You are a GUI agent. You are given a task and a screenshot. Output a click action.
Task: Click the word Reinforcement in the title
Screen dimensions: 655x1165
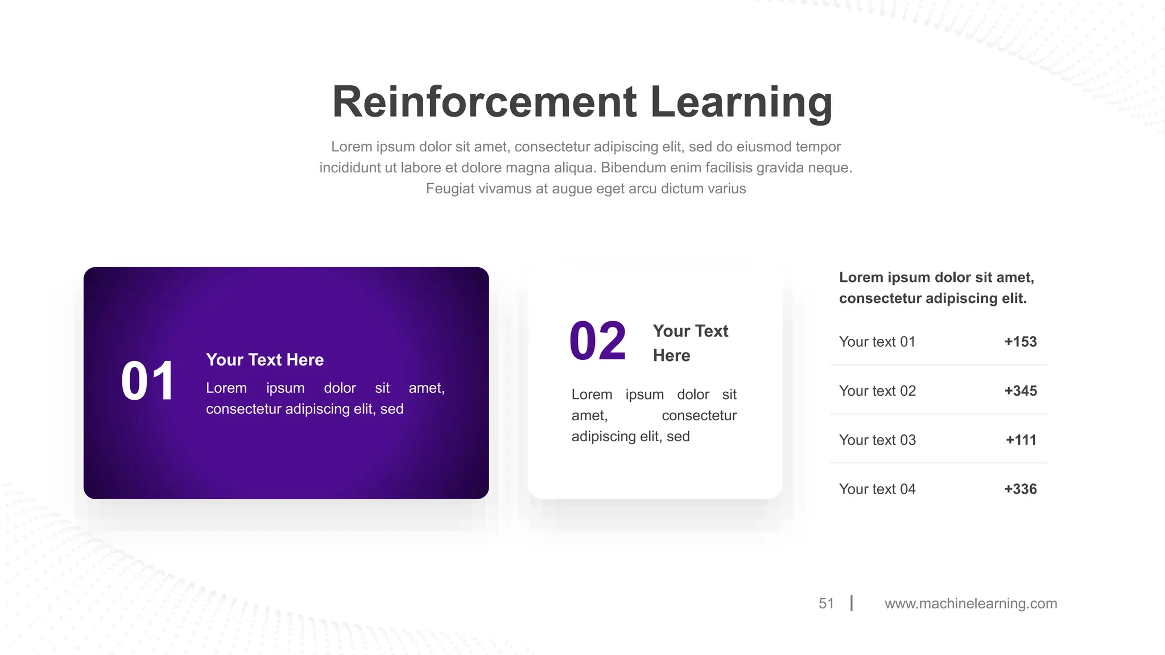point(484,102)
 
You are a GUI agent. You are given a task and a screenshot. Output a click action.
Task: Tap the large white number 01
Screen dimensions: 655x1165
point(148,382)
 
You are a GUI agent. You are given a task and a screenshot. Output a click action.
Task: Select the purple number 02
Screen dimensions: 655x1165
point(598,342)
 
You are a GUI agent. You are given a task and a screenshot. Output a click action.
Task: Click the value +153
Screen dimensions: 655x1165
point(1021,342)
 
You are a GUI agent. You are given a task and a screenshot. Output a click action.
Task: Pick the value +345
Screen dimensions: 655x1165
point(1021,391)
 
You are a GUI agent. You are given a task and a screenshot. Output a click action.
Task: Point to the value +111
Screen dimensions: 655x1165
point(1021,440)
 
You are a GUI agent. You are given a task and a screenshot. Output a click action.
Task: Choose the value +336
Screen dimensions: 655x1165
point(1021,489)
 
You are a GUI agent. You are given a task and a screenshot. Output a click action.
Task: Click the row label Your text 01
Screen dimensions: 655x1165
point(877,342)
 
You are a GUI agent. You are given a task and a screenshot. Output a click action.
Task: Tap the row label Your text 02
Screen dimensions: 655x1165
point(877,391)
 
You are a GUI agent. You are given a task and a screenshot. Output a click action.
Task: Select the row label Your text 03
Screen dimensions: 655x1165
point(877,440)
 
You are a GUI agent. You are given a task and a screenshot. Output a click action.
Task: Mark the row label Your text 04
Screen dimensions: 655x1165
point(877,489)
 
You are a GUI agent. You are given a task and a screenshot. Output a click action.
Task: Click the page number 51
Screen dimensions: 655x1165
point(826,603)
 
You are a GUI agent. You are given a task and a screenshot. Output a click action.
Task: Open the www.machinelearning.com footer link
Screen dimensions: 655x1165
point(970,603)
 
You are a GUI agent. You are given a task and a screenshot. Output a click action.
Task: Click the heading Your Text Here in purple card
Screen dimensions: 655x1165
point(265,360)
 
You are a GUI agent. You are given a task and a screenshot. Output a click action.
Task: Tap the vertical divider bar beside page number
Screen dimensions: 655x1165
point(852,603)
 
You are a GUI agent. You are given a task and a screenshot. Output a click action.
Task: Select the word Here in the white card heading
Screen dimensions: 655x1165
point(671,356)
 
